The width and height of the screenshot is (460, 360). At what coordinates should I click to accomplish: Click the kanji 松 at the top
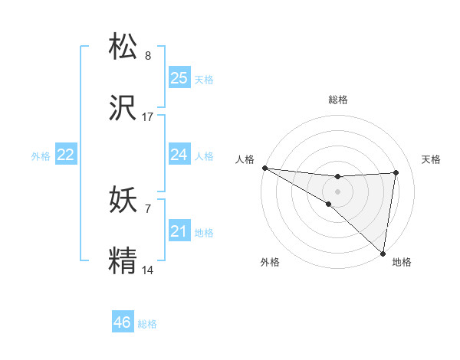click(124, 47)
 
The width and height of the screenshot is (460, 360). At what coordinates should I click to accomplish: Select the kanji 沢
click(124, 110)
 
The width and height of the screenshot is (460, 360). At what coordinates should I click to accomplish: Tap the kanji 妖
click(124, 201)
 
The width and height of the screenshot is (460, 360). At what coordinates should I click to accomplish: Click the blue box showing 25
click(179, 77)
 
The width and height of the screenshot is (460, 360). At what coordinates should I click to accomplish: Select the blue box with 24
click(179, 155)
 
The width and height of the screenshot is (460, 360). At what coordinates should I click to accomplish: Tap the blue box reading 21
click(179, 231)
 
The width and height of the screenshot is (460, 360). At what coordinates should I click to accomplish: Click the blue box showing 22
click(66, 155)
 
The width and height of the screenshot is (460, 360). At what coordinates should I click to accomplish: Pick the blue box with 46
click(123, 322)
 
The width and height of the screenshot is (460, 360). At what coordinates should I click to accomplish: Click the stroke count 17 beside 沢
click(148, 117)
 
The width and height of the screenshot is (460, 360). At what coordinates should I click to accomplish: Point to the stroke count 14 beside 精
click(148, 270)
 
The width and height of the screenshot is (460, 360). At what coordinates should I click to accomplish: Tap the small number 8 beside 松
click(148, 56)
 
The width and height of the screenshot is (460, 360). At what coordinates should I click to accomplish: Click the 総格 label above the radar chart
click(338, 100)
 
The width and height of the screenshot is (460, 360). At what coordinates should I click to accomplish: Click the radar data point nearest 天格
click(396, 172)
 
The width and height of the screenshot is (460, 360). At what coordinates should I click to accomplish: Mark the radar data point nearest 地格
click(383, 253)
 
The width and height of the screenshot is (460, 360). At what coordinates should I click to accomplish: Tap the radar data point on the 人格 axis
click(264, 168)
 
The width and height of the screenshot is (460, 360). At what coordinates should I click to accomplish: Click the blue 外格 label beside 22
click(41, 156)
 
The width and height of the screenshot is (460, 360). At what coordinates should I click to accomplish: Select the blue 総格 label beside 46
click(147, 324)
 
